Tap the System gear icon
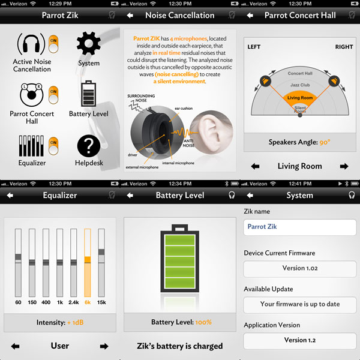[89, 43]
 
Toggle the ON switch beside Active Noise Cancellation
[53, 43]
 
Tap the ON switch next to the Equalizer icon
[53, 143]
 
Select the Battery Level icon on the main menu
[89, 94]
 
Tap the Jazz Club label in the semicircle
[300, 85]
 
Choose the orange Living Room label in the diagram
[300, 98]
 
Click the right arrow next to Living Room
[344, 166]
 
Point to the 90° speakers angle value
[324, 142]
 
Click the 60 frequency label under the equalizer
[18, 302]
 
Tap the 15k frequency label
[101, 302]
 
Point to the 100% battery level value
[203, 322]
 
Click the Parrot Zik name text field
[300, 227]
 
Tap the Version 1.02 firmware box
[300, 268]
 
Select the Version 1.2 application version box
[300, 340]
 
